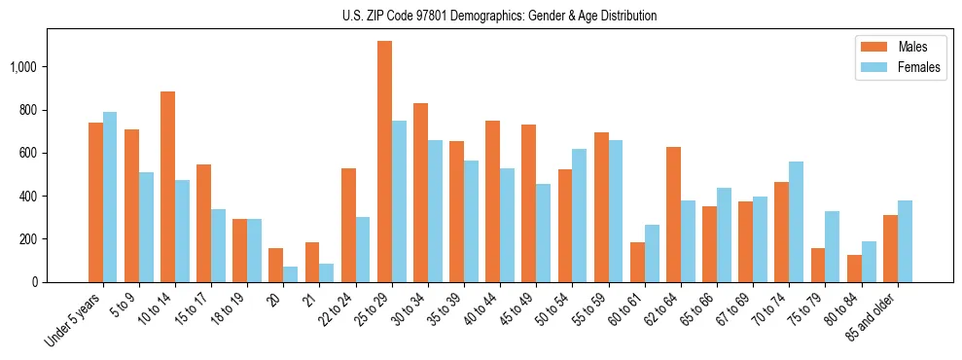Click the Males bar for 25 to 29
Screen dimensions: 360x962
[x=384, y=162]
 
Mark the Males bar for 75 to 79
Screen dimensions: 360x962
[x=818, y=265]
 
